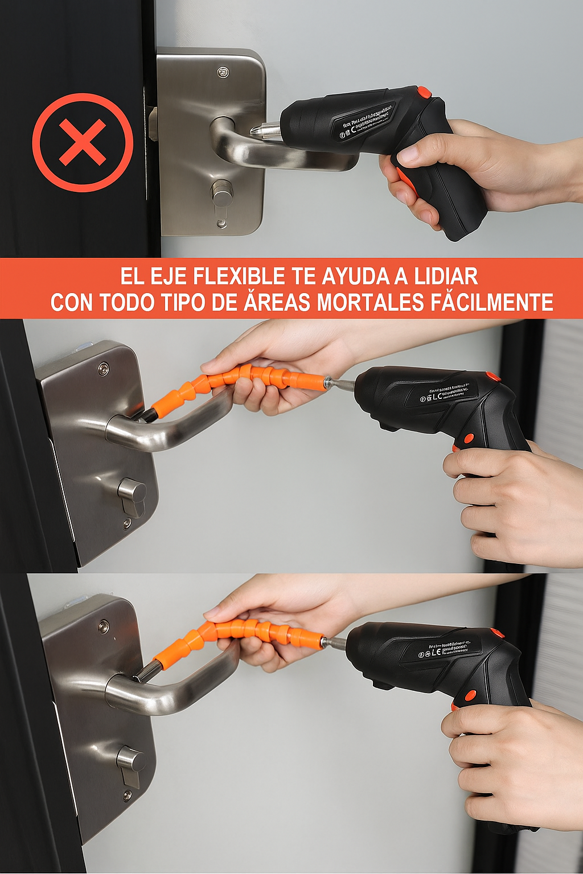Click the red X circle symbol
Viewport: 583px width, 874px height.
pos(83,142)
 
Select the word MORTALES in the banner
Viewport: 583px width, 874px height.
pos(371,302)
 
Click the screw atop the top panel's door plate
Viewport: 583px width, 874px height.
pos(223,72)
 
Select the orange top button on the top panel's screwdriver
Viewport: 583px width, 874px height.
pos(424,92)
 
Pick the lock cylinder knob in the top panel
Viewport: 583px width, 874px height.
pos(222,194)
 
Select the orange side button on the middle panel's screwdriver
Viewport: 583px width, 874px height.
pos(469,438)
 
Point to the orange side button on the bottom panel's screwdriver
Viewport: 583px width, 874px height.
pos(470,695)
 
